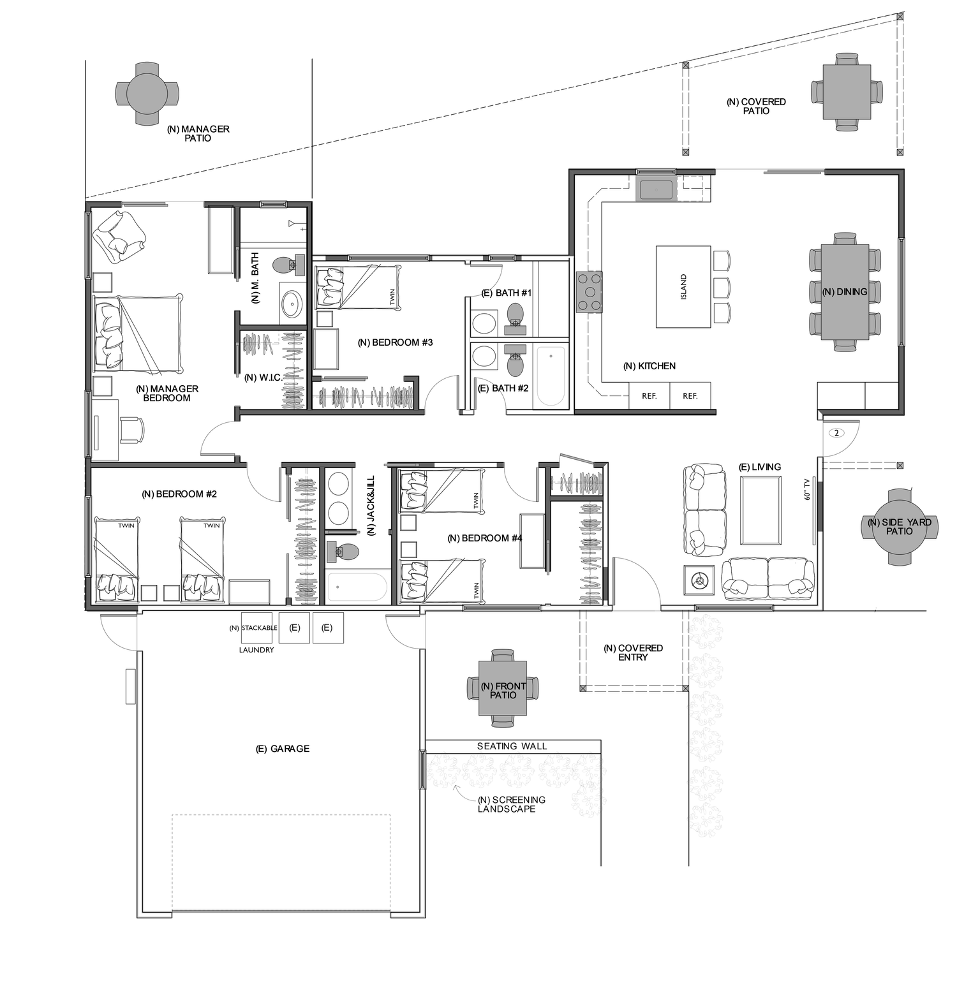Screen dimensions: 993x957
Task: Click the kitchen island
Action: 683,287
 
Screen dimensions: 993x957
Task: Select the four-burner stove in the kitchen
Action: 590,293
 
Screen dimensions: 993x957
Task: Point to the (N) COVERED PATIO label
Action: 756,107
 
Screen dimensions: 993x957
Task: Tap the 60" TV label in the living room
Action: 808,489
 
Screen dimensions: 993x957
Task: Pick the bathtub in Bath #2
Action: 551,376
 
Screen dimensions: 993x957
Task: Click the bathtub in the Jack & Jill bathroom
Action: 357,587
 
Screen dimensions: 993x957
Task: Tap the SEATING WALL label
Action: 512,746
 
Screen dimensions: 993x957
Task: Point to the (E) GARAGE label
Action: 282,749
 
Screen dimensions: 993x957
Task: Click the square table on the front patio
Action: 503,688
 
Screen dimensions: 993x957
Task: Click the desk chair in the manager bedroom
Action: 132,429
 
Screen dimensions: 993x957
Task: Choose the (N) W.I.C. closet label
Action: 263,378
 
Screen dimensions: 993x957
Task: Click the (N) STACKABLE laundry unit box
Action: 259,628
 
